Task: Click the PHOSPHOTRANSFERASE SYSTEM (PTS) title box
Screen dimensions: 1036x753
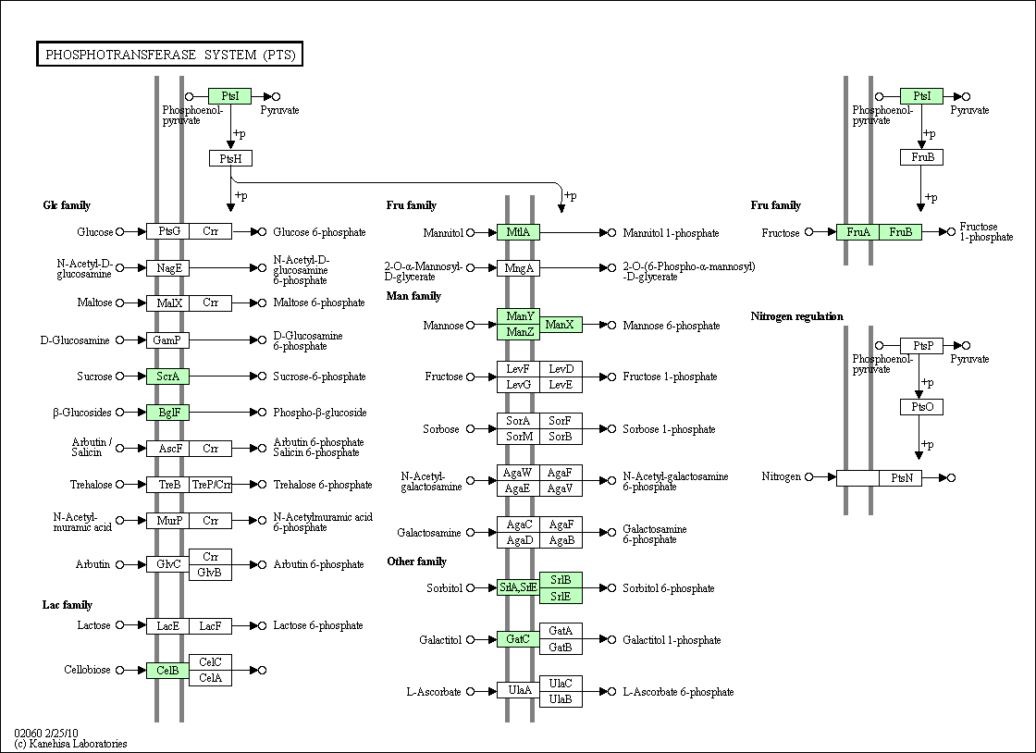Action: click(170, 55)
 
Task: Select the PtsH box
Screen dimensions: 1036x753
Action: click(230, 158)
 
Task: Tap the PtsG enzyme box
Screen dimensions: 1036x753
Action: click(167, 231)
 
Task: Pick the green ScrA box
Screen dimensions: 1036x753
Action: click(167, 376)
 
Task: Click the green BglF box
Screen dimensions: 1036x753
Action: click(167, 413)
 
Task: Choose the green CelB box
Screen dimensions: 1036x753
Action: click(167, 671)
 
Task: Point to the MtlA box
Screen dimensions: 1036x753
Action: click(518, 232)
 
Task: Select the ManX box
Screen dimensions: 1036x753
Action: click(561, 325)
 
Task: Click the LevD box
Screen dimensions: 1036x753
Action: click(561, 369)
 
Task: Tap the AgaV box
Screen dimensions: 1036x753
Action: click(561, 488)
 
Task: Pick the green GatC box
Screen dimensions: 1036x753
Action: click(518, 639)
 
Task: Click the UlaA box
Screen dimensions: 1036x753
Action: click(518, 691)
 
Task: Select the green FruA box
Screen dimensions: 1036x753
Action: click(857, 232)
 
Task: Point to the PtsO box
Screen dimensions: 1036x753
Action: click(921, 407)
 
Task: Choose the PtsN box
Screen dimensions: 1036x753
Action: click(901, 477)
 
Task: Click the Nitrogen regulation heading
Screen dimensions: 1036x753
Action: click(796, 316)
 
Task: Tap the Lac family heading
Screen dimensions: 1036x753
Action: click(68, 605)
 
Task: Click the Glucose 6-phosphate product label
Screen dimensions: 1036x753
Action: click(319, 232)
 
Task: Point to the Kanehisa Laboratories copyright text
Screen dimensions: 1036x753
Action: click(70, 744)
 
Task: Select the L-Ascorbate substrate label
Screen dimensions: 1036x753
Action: click(434, 692)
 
